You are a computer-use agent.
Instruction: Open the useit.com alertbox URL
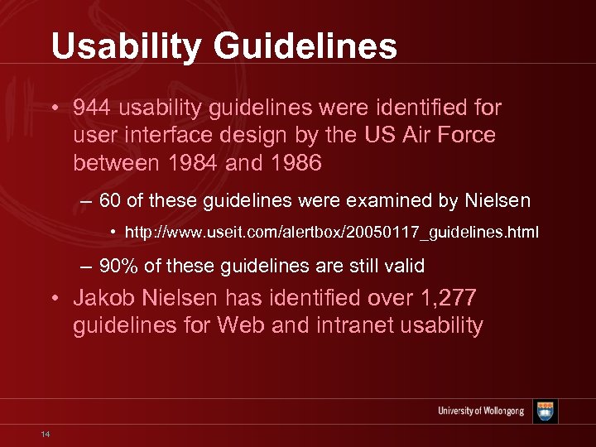tap(332, 233)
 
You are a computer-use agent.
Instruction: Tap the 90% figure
tap(118, 266)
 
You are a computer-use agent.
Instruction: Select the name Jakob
tap(101, 298)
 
